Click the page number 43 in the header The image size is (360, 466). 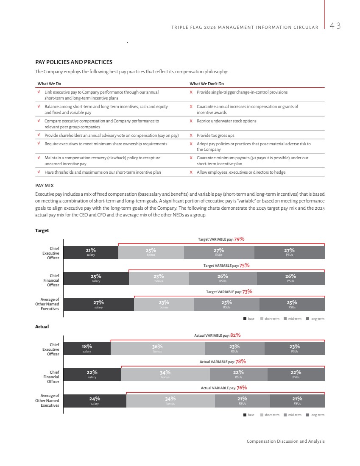pyautogui.click(x=335, y=26)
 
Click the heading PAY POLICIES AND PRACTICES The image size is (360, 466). pyautogui.click(x=74, y=62)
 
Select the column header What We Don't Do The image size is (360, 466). pyautogui.click(x=207, y=83)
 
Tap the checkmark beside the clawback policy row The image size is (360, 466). pyautogui.click(x=39, y=158)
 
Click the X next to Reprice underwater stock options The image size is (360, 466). pyautogui.click(x=191, y=121)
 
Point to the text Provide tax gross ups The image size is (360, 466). pyautogui.click(x=215, y=136)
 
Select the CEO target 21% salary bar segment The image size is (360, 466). pyautogui.click(x=91, y=252)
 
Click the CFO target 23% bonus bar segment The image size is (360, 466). pyautogui.click(x=159, y=278)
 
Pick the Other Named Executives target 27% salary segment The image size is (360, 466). pyautogui.click(x=98, y=305)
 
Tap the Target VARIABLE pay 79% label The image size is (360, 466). pyautogui.click(x=221, y=239)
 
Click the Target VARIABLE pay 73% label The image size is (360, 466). pyautogui.click(x=229, y=291)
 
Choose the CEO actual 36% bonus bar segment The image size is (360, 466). pyautogui.click(x=157, y=348)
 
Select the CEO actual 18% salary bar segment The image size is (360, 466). pyautogui.click(x=87, y=348)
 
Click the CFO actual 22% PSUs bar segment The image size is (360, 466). pyautogui.click(x=296, y=374)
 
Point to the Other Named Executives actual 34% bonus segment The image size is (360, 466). pyautogui.click(x=170, y=401)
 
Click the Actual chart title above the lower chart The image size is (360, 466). pyautogui.click(x=42, y=327)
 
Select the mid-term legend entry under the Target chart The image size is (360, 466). pyautogui.click(x=292, y=319)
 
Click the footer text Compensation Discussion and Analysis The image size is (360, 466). pyautogui.click(x=285, y=441)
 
